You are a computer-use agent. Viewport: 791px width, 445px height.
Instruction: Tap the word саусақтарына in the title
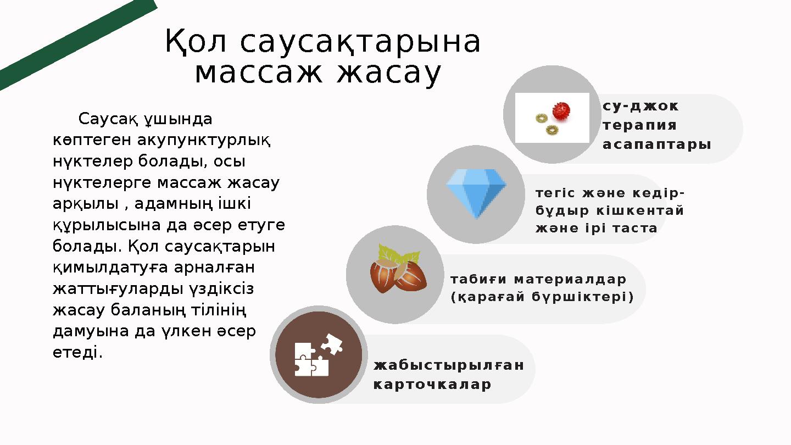[360, 42]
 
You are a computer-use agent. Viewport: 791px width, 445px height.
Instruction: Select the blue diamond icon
[476, 192]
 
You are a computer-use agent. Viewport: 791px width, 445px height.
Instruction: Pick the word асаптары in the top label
[657, 144]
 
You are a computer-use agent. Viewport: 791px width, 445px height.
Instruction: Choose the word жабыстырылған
[448, 365]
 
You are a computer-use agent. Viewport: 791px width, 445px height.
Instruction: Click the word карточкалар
[432, 385]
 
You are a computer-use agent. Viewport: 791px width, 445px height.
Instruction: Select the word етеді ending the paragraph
[77, 352]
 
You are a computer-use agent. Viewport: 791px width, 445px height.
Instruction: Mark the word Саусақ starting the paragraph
[107, 119]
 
